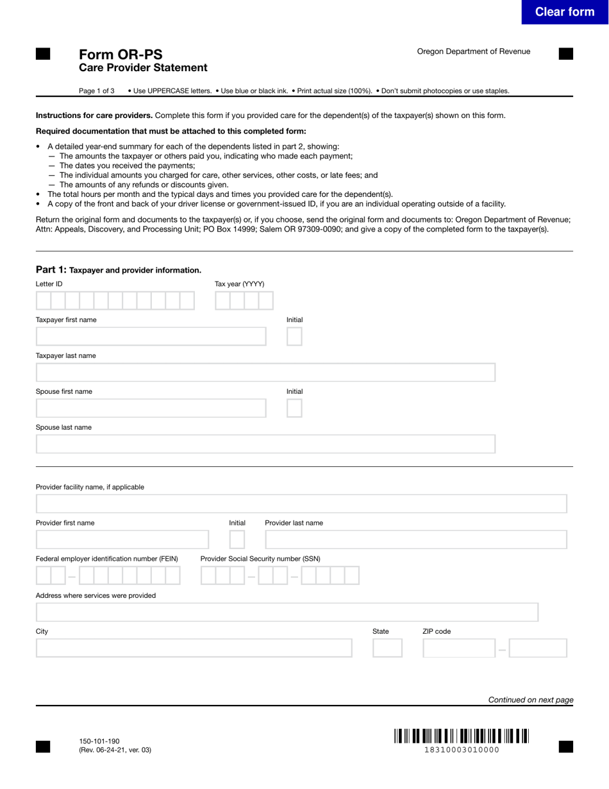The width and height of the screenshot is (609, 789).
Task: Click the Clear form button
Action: coord(564,12)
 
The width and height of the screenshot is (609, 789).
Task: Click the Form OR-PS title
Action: coord(121,55)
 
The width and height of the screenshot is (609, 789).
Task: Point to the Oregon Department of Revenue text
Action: coord(473,51)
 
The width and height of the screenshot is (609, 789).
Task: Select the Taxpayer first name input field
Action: coord(151,337)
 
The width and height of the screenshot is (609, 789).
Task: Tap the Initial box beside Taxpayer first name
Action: coord(294,337)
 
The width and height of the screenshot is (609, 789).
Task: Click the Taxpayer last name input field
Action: coord(265,373)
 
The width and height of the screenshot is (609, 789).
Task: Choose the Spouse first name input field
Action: coord(151,409)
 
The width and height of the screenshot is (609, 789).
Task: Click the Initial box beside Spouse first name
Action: coord(294,409)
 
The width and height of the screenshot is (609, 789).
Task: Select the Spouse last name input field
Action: coord(265,445)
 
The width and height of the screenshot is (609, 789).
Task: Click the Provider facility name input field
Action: coord(301,504)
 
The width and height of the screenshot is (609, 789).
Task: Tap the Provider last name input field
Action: coord(415,540)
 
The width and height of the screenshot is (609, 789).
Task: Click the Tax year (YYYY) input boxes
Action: coord(244,301)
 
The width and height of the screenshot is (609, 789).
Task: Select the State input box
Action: coord(387,649)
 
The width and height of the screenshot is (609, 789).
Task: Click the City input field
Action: coord(194,649)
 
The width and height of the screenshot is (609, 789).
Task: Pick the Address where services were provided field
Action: coord(287,613)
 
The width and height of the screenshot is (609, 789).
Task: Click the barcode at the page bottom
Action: coord(462,736)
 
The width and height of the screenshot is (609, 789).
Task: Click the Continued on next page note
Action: coord(530,700)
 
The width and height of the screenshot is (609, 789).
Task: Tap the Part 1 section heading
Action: coord(119,270)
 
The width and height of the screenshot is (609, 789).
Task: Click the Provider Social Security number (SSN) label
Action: coord(260,559)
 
